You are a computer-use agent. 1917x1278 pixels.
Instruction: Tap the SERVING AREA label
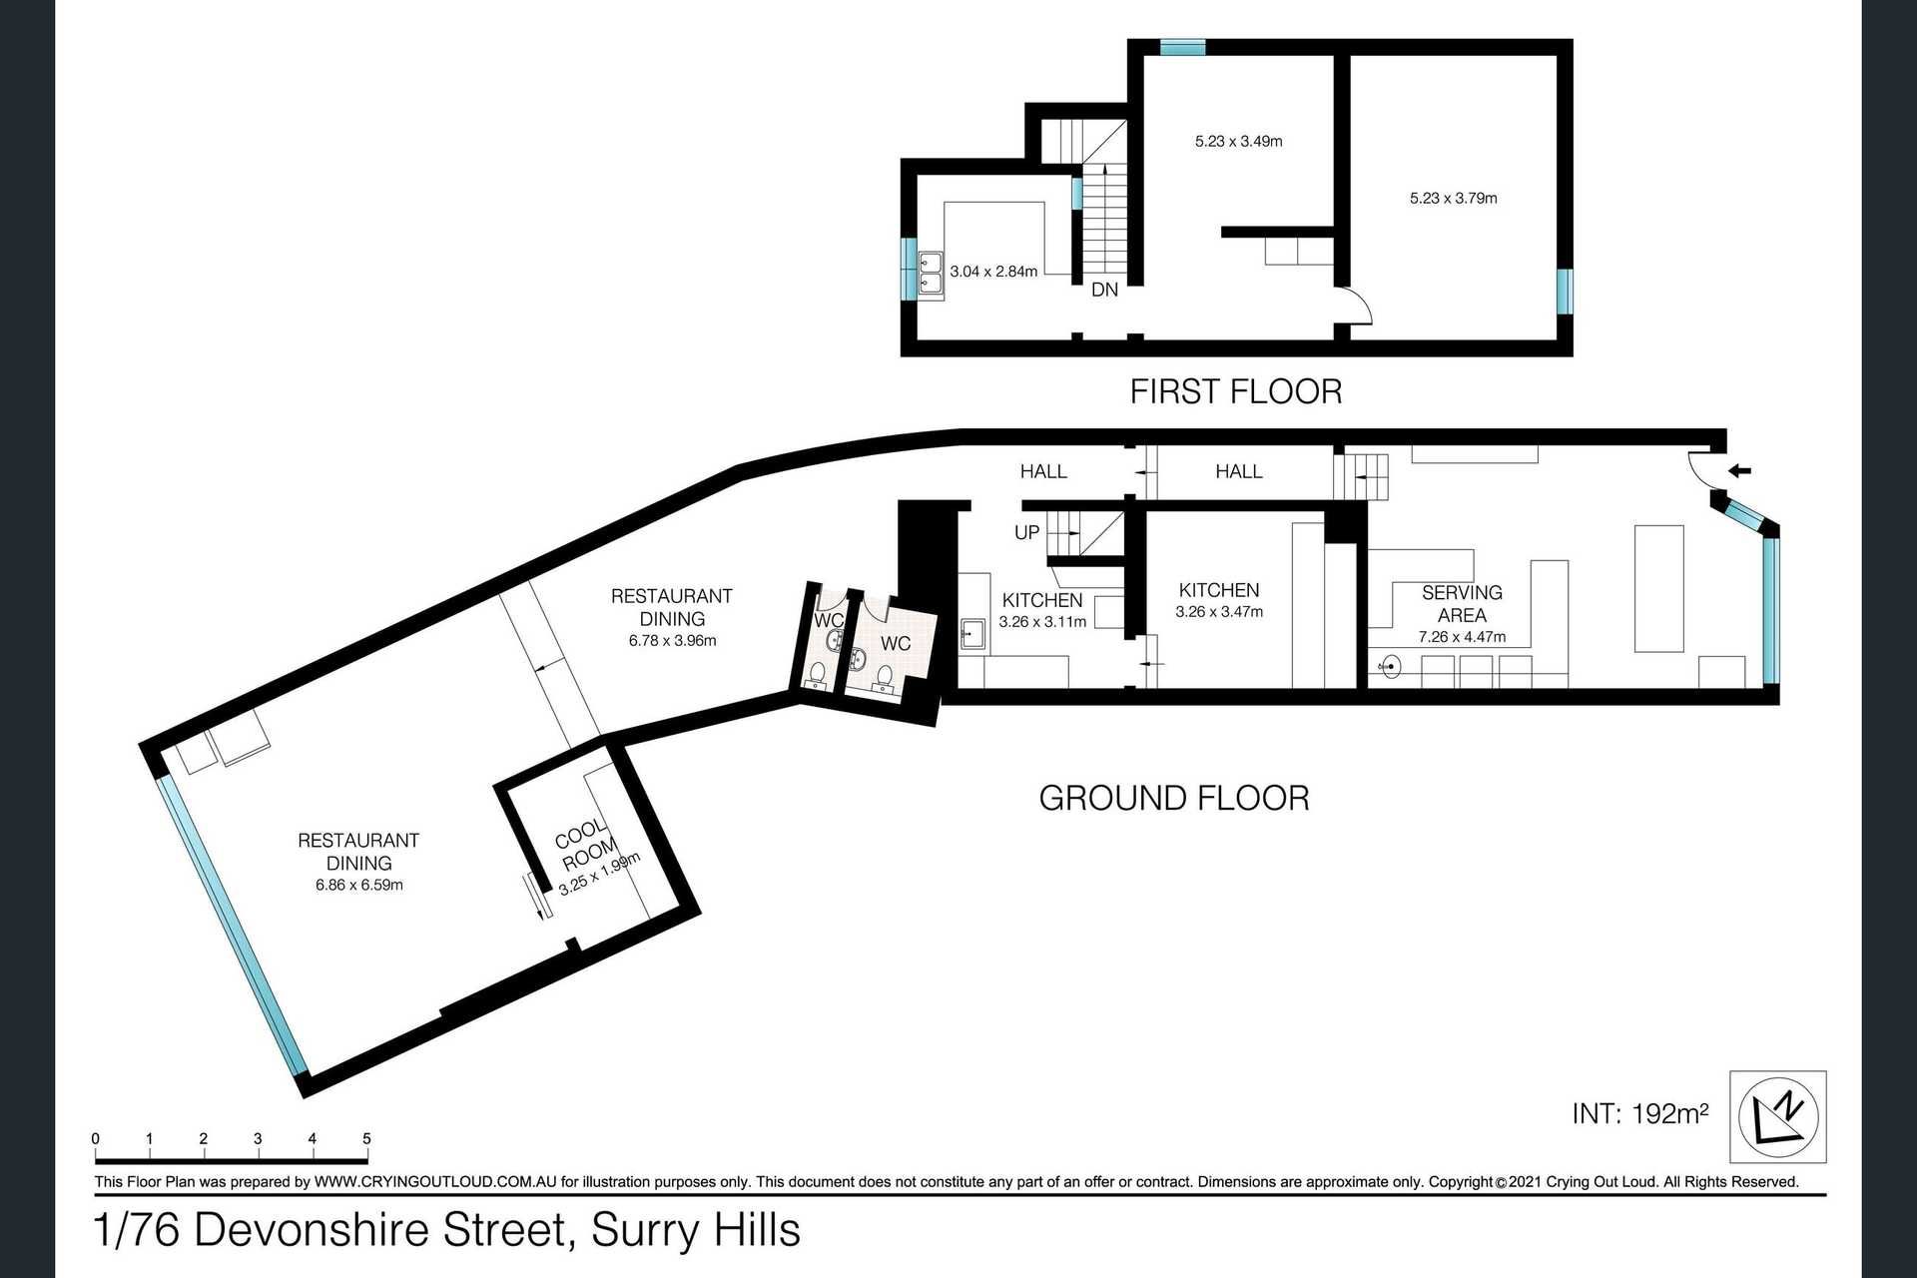(x=1462, y=604)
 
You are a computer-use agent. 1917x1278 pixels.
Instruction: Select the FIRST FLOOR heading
(x=1236, y=391)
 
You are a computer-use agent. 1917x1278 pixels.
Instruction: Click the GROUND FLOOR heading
(x=1174, y=798)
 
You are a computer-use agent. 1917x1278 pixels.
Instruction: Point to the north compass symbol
(x=1792, y=1116)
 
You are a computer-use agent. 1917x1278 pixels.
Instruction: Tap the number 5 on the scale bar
(x=367, y=1139)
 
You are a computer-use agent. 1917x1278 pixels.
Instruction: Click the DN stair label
(x=1104, y=291)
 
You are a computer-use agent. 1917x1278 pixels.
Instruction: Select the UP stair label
(x=1026, y=533)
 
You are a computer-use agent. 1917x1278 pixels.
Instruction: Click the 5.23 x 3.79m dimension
(x=1453, y=199)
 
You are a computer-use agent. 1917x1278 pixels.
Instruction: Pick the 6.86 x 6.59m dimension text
(x=358, y=886)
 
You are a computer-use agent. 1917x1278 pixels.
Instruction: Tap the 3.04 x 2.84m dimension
(x=993, y=272)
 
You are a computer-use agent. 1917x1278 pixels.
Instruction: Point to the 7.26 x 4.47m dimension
(x=1462, y=637)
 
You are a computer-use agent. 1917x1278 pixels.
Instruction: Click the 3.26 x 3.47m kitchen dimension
(x=1219, y=612)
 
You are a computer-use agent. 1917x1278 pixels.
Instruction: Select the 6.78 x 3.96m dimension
(x=672, y=641)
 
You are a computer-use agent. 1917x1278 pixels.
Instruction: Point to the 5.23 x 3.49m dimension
(x=1238, y=142)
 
